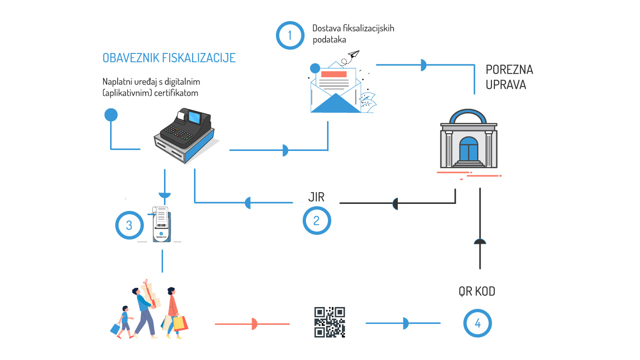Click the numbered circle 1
point(290,35)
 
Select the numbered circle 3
point(129,225)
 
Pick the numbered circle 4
point(477,323)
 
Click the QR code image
point(329,322)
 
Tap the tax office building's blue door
point(469,149)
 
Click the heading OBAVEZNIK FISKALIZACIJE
point(169,58)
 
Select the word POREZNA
point(509,70)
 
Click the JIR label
point(316,197)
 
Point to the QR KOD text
point(476,292)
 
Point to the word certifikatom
point(178,93)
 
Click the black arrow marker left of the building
point(395,203)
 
